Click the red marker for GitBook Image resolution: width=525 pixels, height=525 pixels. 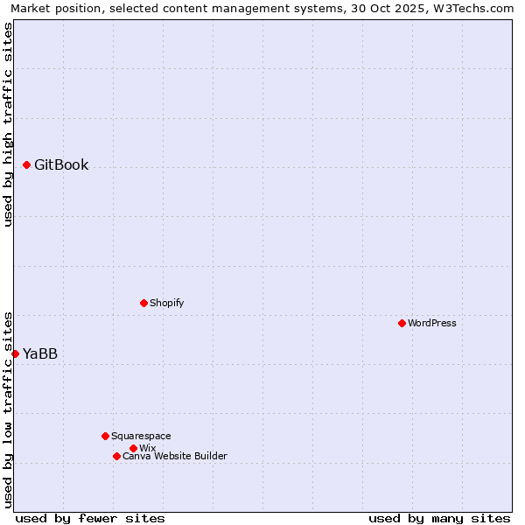(x=26, y=164)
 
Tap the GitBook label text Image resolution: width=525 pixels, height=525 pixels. (x=61, y=164)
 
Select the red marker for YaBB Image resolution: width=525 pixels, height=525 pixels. (x=15, y=353)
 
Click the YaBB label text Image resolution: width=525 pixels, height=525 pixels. (x=40, y=353)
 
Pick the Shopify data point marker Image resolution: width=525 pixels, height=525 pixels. (x=143, y=303)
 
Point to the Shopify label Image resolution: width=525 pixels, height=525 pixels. (x=166, y=303)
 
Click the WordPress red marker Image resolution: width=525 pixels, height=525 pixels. (x=402, y=323)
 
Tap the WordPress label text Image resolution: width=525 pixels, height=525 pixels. (x=431, y=323)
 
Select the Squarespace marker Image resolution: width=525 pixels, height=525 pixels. (x=105, y=436)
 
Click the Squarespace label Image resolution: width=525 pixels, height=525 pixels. (x=141, y=436)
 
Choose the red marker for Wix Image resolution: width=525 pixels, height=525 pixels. (x=133, y=448)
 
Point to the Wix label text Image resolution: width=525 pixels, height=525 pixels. (x=147, y=448)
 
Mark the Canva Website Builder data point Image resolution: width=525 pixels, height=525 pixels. (x=116, y=456)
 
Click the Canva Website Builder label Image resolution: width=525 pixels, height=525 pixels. (x=174, y=456)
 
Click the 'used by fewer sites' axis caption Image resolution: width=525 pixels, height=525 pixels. (x=90, y=518)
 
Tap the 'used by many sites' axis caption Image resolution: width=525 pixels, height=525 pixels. (x=439, y=518)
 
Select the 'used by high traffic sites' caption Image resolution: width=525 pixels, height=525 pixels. (x=9, y=124)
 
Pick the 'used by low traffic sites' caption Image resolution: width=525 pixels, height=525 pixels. (x=9, y=409)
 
